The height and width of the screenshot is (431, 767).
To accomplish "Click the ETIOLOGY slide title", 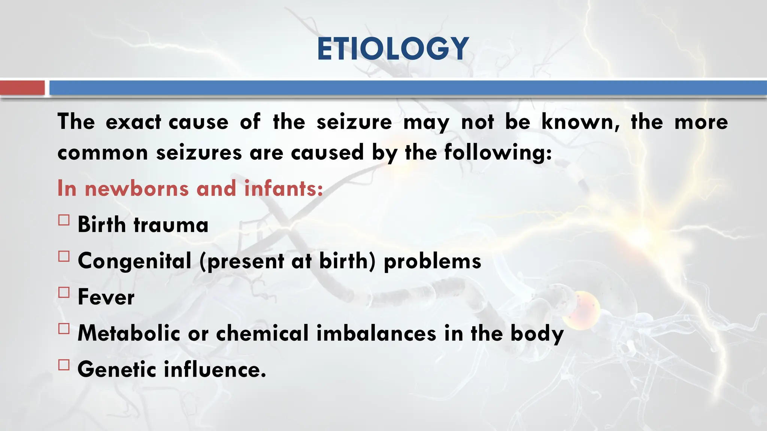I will click(x=392, y=49).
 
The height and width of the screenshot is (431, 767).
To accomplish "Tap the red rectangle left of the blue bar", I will click(x=22, y=88).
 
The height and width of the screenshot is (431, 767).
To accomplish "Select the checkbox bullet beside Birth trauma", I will click(x=64, y=220).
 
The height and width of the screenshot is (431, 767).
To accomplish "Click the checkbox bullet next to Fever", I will click(x=64, y=292).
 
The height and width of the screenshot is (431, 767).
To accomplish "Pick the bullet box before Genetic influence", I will click(x=64, y=365).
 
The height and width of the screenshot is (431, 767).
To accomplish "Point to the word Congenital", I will click(x=134, y=261).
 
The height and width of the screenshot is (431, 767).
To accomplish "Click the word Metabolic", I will click(x=129, y=333).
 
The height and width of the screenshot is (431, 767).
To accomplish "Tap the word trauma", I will click(x=171, y=225).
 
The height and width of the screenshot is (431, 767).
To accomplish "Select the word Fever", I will click(x=106, y=297).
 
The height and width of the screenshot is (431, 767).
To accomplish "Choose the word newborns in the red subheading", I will click(x=136, y=188).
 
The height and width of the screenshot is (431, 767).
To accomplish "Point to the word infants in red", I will click(x=283, y=188).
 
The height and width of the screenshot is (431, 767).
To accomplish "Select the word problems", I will click(x=433, y=261).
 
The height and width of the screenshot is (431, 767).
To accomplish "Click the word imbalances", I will click(x=376, y=333).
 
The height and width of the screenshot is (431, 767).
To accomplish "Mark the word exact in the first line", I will click(x=133, y=122).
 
